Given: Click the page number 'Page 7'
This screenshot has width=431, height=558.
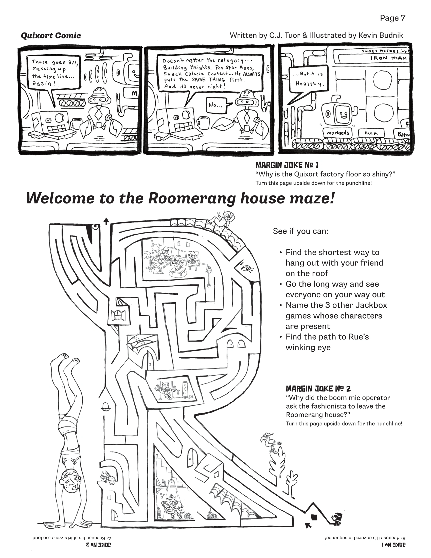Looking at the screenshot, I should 392,18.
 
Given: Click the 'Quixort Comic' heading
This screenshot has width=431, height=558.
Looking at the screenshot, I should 51,36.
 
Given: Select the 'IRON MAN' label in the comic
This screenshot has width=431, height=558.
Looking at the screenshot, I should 388,58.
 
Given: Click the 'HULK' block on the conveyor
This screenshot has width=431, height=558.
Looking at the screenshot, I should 368,133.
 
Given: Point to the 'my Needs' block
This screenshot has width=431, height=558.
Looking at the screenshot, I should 338,133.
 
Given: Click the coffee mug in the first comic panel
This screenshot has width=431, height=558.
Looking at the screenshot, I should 76,124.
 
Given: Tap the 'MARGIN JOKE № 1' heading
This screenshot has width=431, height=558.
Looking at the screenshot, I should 287,165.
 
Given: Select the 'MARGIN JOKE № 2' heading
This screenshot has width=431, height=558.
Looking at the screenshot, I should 318,389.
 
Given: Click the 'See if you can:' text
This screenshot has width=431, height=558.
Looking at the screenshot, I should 300,231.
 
